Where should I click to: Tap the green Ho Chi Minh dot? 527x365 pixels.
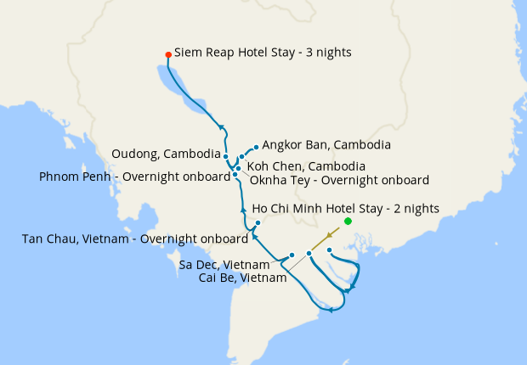pyautogui.click(x=348, y=222)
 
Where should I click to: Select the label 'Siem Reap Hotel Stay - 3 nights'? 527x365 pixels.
pyautogui.click(x=263, y=53)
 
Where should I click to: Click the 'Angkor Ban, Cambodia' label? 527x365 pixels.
pyautogui.click(x=326, y=145)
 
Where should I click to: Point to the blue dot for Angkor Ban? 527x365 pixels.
pyautogui.click(x=256, y=147)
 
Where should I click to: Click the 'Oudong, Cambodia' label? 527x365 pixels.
pyautogui.click(x=165, y=154)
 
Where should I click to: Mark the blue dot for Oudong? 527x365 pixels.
pyautogui.click(x=225, y=156)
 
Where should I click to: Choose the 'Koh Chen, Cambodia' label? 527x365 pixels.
pyautogui.click(x=306, y=166)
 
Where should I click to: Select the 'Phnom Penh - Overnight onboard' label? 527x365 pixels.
pyautogui.click(x=135, y=177)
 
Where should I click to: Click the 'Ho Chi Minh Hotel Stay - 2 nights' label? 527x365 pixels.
pyautogui.click(x=345, y=208)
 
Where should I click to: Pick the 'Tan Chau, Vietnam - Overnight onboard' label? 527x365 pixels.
pyautogui.click(x=135, y=239)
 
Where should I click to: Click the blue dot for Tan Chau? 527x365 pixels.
pyautogui.click(x=257, y=223)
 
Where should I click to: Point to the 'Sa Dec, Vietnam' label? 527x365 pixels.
pyautogui.click(x=225, y=265)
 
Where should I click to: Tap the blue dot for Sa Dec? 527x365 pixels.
pyautogui.click(x=292, y=255)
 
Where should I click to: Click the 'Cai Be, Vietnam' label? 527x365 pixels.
pyautogui.click(x=242, y=278)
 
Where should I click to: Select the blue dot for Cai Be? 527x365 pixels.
pyautogui.click(x=309, y=254)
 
